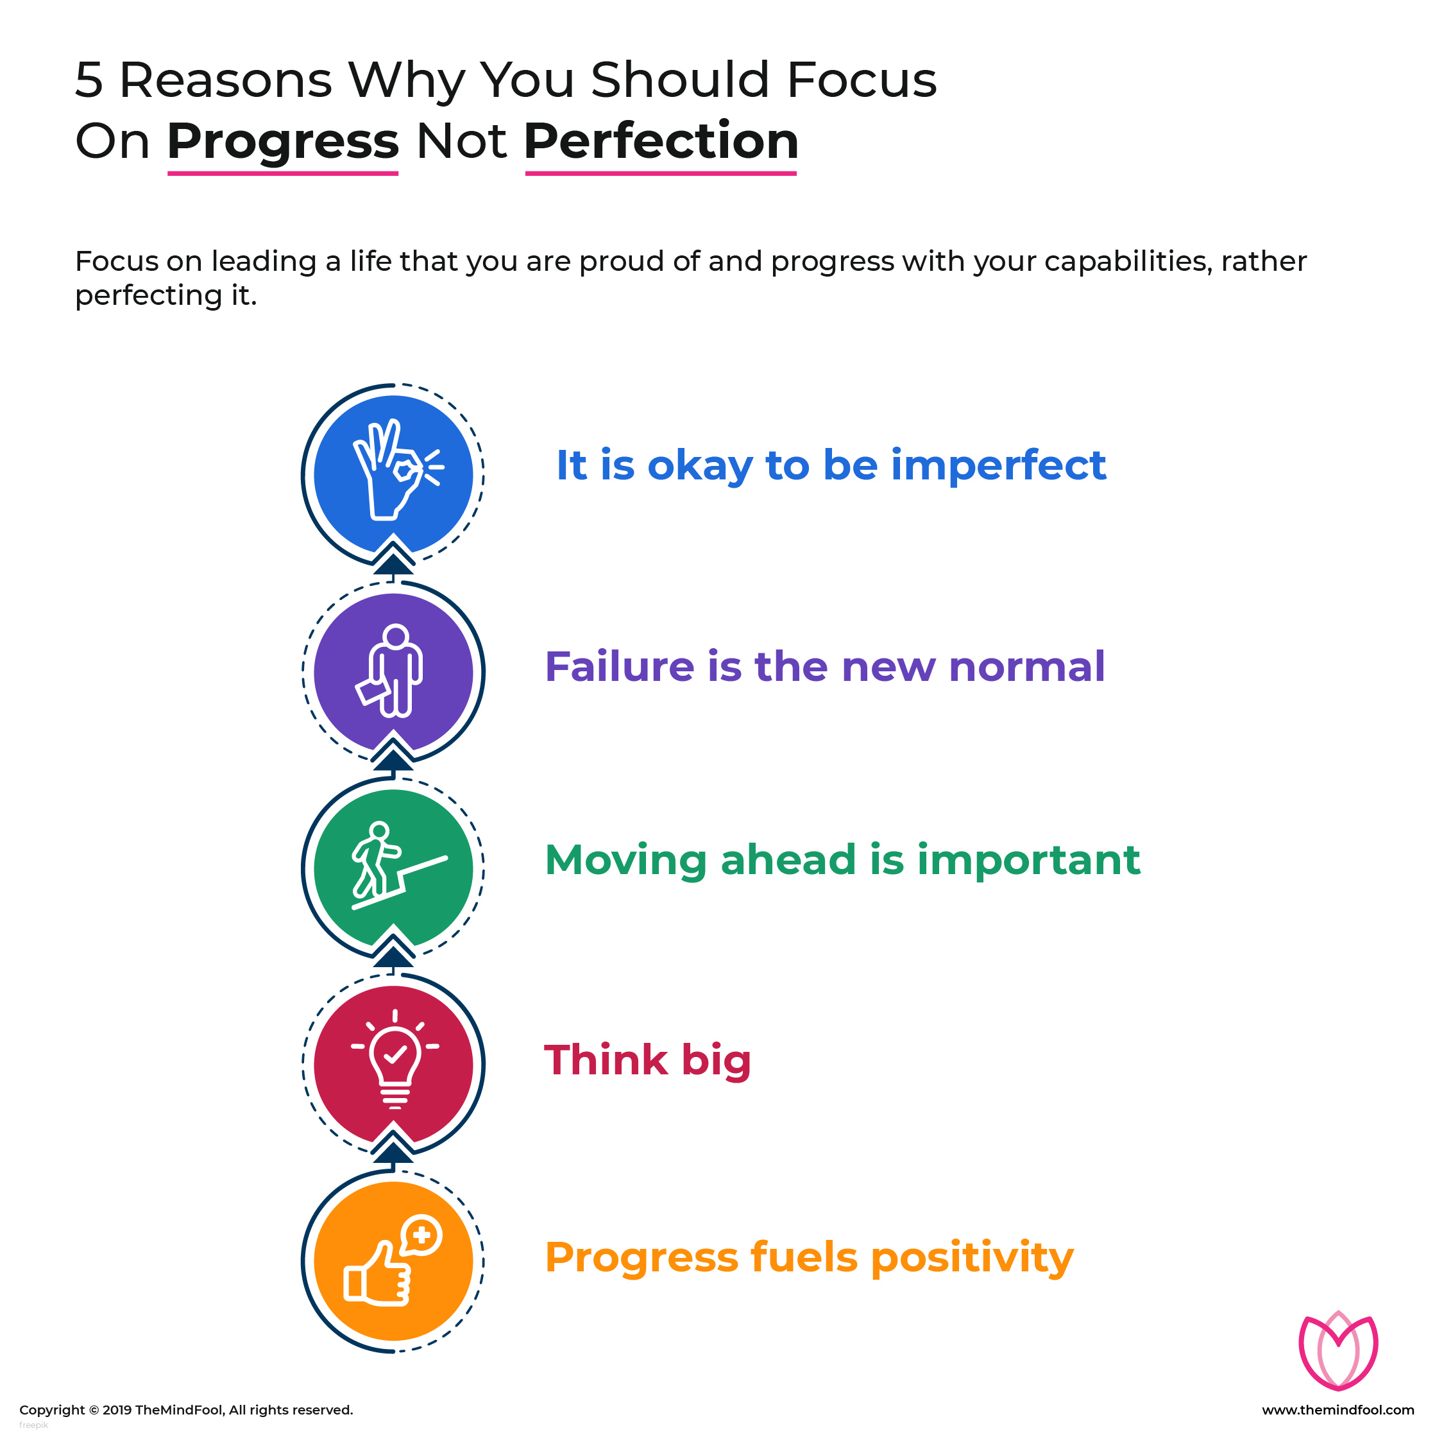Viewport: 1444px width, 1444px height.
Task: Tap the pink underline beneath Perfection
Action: [661, 173]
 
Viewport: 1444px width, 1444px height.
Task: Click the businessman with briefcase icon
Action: [389, 671]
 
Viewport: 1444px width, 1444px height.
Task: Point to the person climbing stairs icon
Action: [398, 866]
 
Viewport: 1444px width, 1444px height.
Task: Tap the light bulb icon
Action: [395, 1059]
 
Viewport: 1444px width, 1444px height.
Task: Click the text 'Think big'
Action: [647, 1060]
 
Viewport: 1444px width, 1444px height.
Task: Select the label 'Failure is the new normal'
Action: [824, 666]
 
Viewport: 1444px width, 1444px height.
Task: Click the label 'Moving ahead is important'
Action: [842, 860]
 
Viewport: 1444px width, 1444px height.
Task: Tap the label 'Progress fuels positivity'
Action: [810, 1259]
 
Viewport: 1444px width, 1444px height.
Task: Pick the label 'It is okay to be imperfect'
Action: [831, 466]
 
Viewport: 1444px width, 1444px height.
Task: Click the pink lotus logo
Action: [1338, 1350]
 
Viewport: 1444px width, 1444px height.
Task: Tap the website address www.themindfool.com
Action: [1338, 1409]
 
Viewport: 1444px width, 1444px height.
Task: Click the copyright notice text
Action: [186, 1409]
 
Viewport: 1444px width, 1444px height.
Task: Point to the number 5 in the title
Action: [89, 80]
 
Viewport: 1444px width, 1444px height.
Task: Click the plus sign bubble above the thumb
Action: [421, 1235]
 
